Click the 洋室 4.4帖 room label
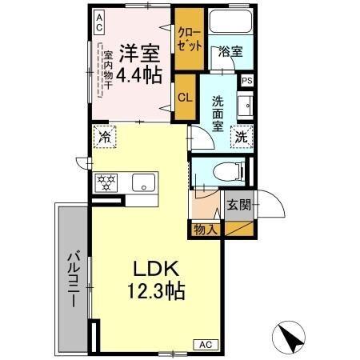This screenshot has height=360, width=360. coord(140,65)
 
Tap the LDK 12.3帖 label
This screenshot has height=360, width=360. coord(157,279)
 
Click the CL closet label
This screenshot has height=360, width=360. coord(184,98)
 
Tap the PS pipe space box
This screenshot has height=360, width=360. coord(246,80)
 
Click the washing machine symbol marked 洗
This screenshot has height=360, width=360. coord(241,135)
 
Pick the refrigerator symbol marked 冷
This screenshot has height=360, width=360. coord(103,135)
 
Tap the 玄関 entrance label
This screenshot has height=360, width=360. coord(238,204)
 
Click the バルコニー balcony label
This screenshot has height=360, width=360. coord(71,280)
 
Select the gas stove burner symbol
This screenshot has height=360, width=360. coord(106,181)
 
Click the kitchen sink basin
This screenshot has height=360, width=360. coord(144,182)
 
